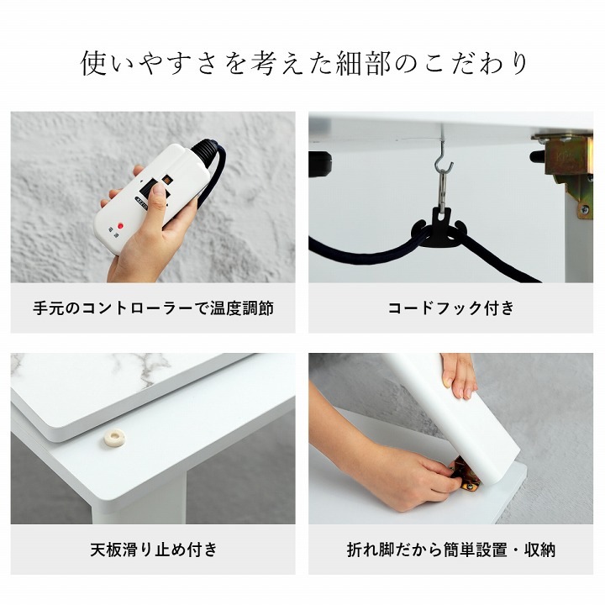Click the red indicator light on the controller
(x=120, y=226)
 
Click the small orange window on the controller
(x=167, y=180)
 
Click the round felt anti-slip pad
(x=113, y=439)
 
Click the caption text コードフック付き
(x=450, y=308)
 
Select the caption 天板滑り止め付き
(x=153, y=550)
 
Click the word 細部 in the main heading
(x=364, y=64)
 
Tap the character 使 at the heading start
(x=94, y=64)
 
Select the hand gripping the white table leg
(x=459, y=376)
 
